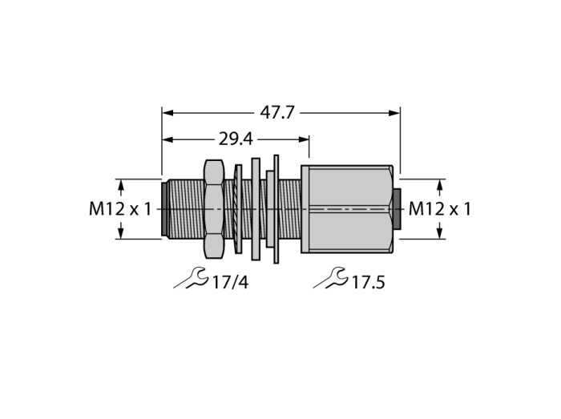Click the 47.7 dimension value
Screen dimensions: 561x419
[x=277, y=113]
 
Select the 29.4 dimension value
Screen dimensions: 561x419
[x=236, y=139]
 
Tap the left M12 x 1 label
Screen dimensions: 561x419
[x=120, y=209]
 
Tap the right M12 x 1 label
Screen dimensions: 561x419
[x=440, y=209]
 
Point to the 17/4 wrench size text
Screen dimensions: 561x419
[x=230, y=283]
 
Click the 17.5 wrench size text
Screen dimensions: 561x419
[x=369, y=283]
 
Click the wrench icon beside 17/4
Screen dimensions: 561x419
[x=191, y=278]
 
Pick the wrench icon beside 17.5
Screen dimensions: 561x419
[x=330, y=278]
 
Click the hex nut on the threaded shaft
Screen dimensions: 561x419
[x=214, y=209]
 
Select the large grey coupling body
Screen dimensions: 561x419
[x=347, y=209]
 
